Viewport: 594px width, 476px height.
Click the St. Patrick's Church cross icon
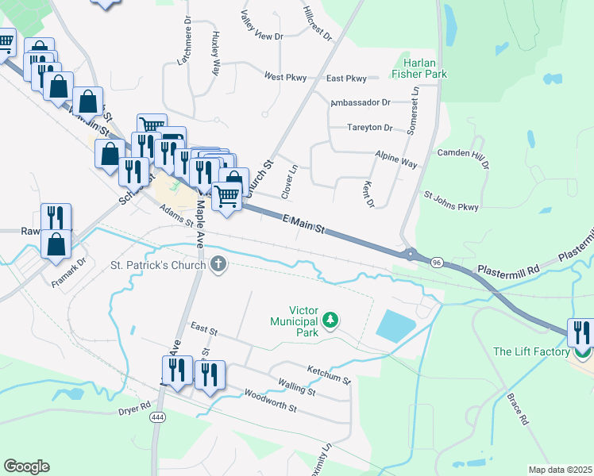click(218, 264)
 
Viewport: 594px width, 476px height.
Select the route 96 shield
click(437, 262)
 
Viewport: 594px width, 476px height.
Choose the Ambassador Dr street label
click(361, 102)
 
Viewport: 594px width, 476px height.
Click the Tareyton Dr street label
click(370, 128)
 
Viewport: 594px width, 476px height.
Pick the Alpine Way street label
click(396, 161)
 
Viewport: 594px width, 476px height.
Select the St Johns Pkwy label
click(451, 201)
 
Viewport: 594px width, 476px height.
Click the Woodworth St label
click(270, 401)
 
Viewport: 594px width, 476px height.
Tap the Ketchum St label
click(329, 374)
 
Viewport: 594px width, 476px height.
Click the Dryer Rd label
click(134, 408)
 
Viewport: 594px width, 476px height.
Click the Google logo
click(26, 466)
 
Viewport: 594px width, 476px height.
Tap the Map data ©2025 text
click(560, 470)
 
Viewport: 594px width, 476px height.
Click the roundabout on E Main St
click(411, 255)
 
